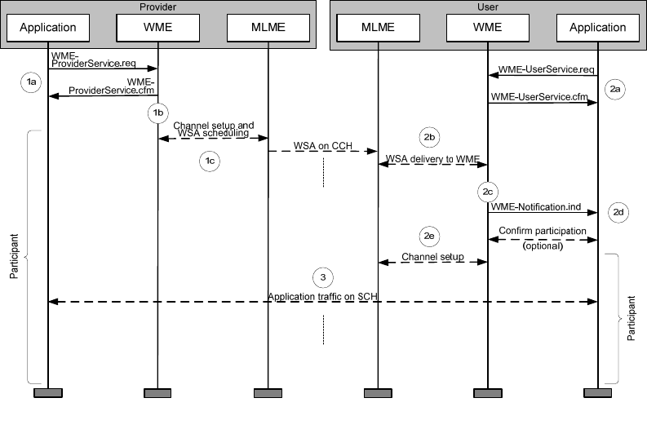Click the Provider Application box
tap(48, 27)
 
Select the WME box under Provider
tap(157, 27)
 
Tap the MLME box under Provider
tap(268, 27)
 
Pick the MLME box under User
tap(378, 27)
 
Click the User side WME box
tap(488, 27)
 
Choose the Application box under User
tap(598, 27)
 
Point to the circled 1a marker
tap(31, 82)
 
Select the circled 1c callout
tap(210, 161)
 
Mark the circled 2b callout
tap(430, 136)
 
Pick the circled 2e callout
tap(430, 236)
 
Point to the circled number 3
tap(324, 277)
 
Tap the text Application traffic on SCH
tap(323, 295)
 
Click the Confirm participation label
tap(542, 231)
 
